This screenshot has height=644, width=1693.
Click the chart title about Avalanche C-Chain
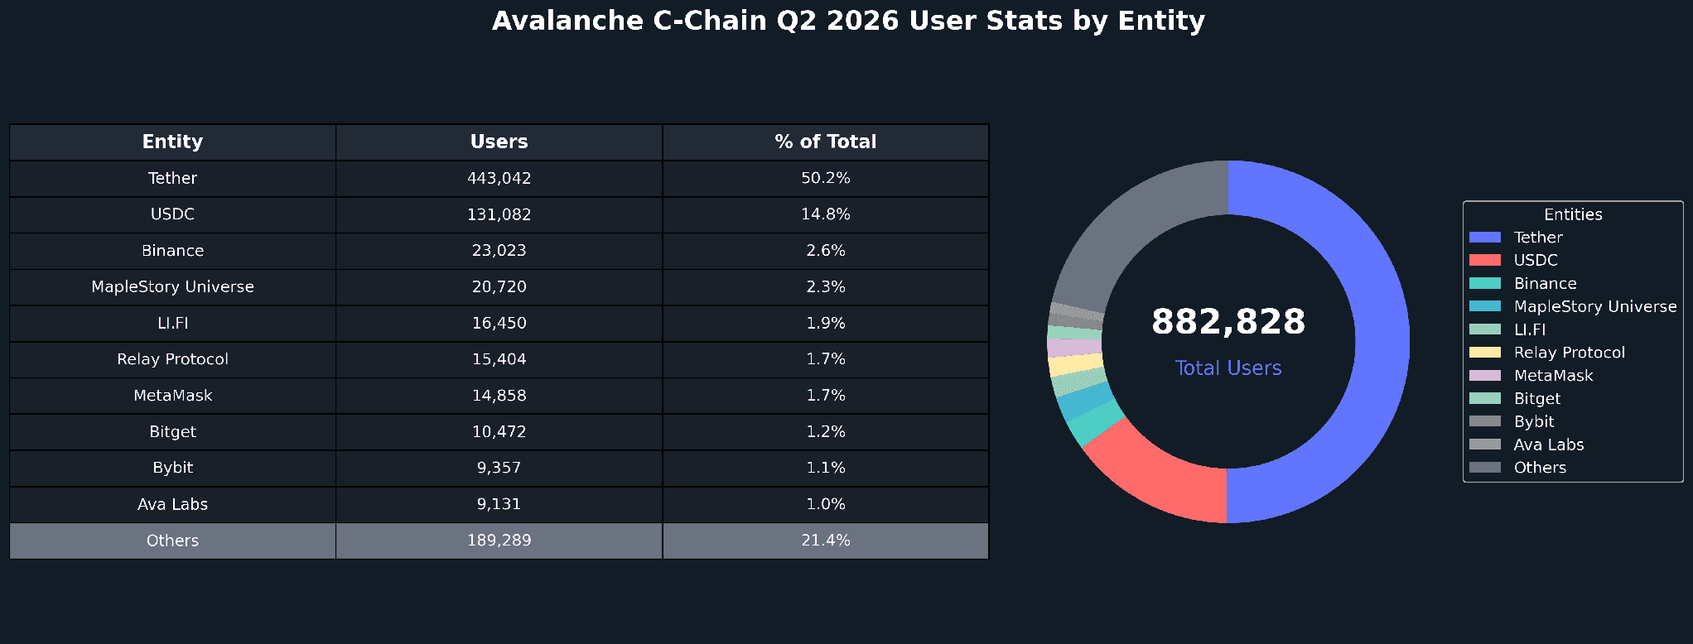[x=848, y=21]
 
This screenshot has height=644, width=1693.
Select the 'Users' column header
[x=499, y=142]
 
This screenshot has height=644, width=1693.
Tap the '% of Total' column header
[x=826, y=142]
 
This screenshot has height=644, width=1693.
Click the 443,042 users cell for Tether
[x=499, y=178]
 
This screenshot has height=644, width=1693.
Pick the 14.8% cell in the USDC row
[x=826, y=214]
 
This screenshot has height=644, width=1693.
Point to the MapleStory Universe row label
[x=172, y=286]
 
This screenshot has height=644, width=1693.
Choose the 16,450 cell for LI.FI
[x=499, y=323]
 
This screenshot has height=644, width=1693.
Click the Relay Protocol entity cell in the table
[x=172, y=359]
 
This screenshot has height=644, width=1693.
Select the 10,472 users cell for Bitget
[x=499, y=431]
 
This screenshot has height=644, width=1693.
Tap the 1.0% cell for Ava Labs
[x=826, y=504]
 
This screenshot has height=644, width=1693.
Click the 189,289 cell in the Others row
[x=499, y=541]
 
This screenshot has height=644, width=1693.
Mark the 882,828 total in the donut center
[x=1228, y=321]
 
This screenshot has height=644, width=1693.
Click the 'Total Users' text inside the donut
[x=1228, y=368]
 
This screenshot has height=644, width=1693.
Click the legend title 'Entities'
[x=1573, y=214]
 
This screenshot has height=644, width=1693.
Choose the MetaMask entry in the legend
[x=1531, y=376]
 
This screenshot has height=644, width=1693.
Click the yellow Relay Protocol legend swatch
[x=1484, y=353]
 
